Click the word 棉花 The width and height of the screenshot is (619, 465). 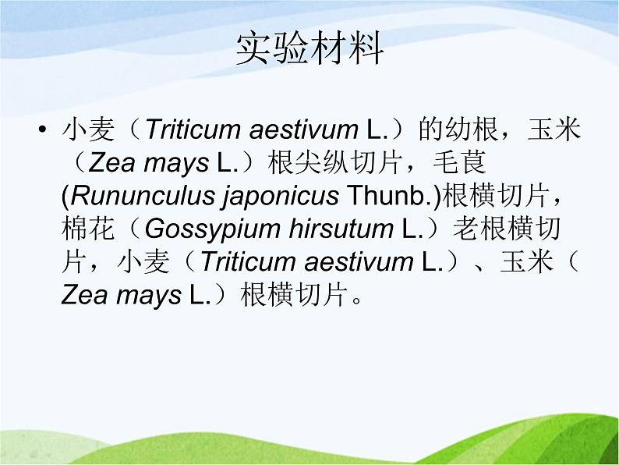tap(88, 229)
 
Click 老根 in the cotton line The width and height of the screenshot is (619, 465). tap(480, 229)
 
